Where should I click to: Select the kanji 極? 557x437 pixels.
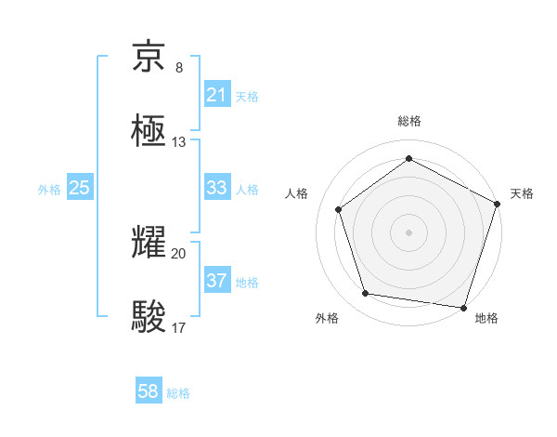pos(150,131)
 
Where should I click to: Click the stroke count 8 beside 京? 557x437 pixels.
pos(178,68)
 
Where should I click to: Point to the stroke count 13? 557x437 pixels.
pos(179,142)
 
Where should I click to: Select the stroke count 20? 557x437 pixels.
pos(179,253)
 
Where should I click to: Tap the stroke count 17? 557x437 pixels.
pos(179,327)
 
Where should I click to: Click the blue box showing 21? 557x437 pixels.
pos(216,95)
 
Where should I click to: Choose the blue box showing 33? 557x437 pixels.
pos(216,188)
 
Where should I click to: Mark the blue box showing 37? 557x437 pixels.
pos(216,281)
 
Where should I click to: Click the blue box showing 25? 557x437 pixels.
pos(79,188)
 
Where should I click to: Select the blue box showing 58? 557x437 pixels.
pos(149,392)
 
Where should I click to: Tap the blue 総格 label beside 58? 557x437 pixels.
pos(178,393)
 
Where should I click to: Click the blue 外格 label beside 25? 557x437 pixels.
pos(49,189)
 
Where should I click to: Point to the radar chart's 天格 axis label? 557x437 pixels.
pos(522,193)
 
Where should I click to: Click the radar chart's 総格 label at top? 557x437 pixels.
pos(409,121)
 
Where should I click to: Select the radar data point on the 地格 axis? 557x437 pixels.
pos(463,307)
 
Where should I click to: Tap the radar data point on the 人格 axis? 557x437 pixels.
pos(339,209)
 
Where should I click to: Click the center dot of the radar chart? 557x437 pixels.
pos(409,232)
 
